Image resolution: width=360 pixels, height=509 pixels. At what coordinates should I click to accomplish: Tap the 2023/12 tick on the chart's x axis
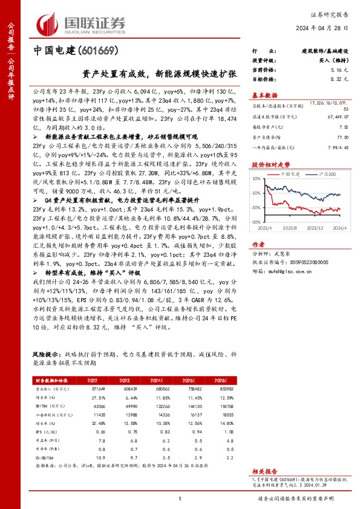coord(315,228)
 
